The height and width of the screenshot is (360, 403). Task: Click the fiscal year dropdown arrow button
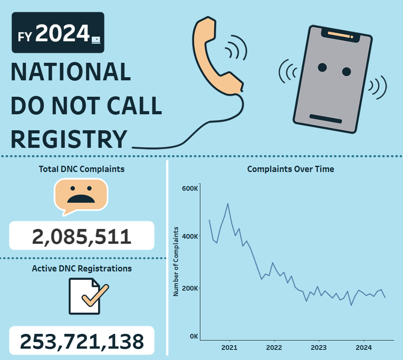point(96,39)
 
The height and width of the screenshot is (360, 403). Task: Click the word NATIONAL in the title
point(71,72)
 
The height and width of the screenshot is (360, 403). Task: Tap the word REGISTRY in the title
point(69,139)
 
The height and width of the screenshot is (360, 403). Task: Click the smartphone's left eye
point(322,67)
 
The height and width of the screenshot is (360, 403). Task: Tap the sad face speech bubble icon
point(81,195)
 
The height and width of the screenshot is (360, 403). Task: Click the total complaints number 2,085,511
point(82,236)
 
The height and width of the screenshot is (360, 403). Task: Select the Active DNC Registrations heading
point(82,269)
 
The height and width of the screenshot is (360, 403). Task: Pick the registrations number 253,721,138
point(82,341)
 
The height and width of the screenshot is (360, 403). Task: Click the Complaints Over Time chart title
point(291,169)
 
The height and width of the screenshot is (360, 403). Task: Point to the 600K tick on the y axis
point(191,189)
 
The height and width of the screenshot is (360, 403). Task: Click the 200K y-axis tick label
point(191,288)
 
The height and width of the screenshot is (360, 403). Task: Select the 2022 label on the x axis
point(274,348)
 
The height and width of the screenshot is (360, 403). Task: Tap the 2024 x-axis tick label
point(364,348)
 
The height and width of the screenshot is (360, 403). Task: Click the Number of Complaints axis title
point(176,261)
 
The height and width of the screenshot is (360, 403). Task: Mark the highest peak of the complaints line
point(228,204)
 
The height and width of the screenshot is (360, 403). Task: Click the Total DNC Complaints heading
point(82,169)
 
